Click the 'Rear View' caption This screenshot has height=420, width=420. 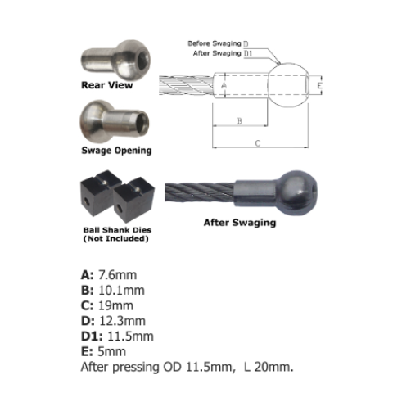click(107, 85)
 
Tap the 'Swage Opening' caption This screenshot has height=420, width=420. click(116, 151)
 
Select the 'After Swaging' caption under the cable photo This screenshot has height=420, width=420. click(240, 223)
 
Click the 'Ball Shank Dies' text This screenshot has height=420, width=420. click(117, 230)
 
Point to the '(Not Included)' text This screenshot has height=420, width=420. click(116, 238)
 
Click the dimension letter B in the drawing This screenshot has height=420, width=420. click(240, 120)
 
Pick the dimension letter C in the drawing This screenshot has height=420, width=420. click(257, 143)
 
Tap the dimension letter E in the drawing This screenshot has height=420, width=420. click(319, 85)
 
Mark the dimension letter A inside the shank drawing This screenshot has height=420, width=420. click(224, 85)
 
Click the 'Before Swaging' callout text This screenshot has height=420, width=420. click(215, 43)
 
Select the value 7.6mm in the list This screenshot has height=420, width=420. click(118, 275)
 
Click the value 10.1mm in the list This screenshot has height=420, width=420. click(121, 290)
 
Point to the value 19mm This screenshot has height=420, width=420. click(115, 305)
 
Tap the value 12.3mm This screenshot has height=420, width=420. click(122, 321)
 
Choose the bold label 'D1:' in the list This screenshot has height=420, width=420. click(92, 336)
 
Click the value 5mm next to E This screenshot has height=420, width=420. click(111, 351)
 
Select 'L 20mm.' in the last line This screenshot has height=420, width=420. click(269, 367)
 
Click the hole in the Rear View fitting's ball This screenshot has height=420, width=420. click(142, 59)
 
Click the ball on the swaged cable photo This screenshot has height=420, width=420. click(297, 192)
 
